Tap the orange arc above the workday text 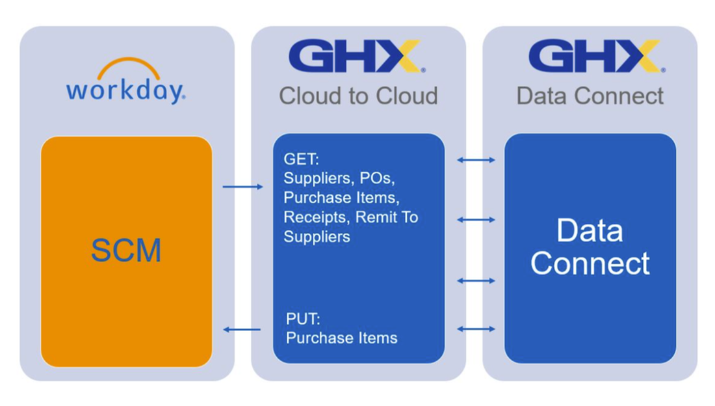[129, 66]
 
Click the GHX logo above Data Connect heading [595, 57]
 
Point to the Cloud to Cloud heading [358, 96]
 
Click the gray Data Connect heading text [590, 96]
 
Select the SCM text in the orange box [126, 250]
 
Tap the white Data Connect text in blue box [590, 247]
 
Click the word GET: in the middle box [302, 159]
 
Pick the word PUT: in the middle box [303, 319]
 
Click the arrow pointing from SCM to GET [242, 187]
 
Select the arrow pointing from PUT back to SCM [242, 330]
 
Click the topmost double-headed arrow [476, 159]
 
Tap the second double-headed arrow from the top [476, 220]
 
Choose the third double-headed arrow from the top [476, 280]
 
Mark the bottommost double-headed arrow [476, 329]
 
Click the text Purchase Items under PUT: [341, 338]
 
